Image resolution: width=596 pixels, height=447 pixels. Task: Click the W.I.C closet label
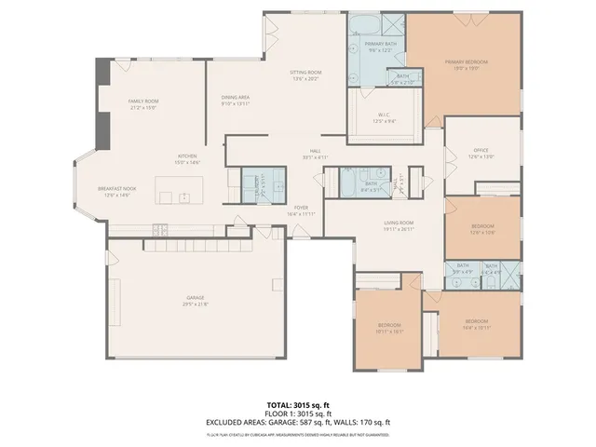[385, 116]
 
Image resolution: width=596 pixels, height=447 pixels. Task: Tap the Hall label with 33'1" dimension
[316, 154]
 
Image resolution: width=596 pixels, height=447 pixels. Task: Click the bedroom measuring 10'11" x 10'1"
[389, 327]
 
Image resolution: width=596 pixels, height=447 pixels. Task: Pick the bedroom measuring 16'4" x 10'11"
[476, 324]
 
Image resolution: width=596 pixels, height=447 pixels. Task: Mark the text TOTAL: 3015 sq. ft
[297, 403]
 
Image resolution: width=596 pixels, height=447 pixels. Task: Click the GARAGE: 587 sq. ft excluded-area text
[293, 423]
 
